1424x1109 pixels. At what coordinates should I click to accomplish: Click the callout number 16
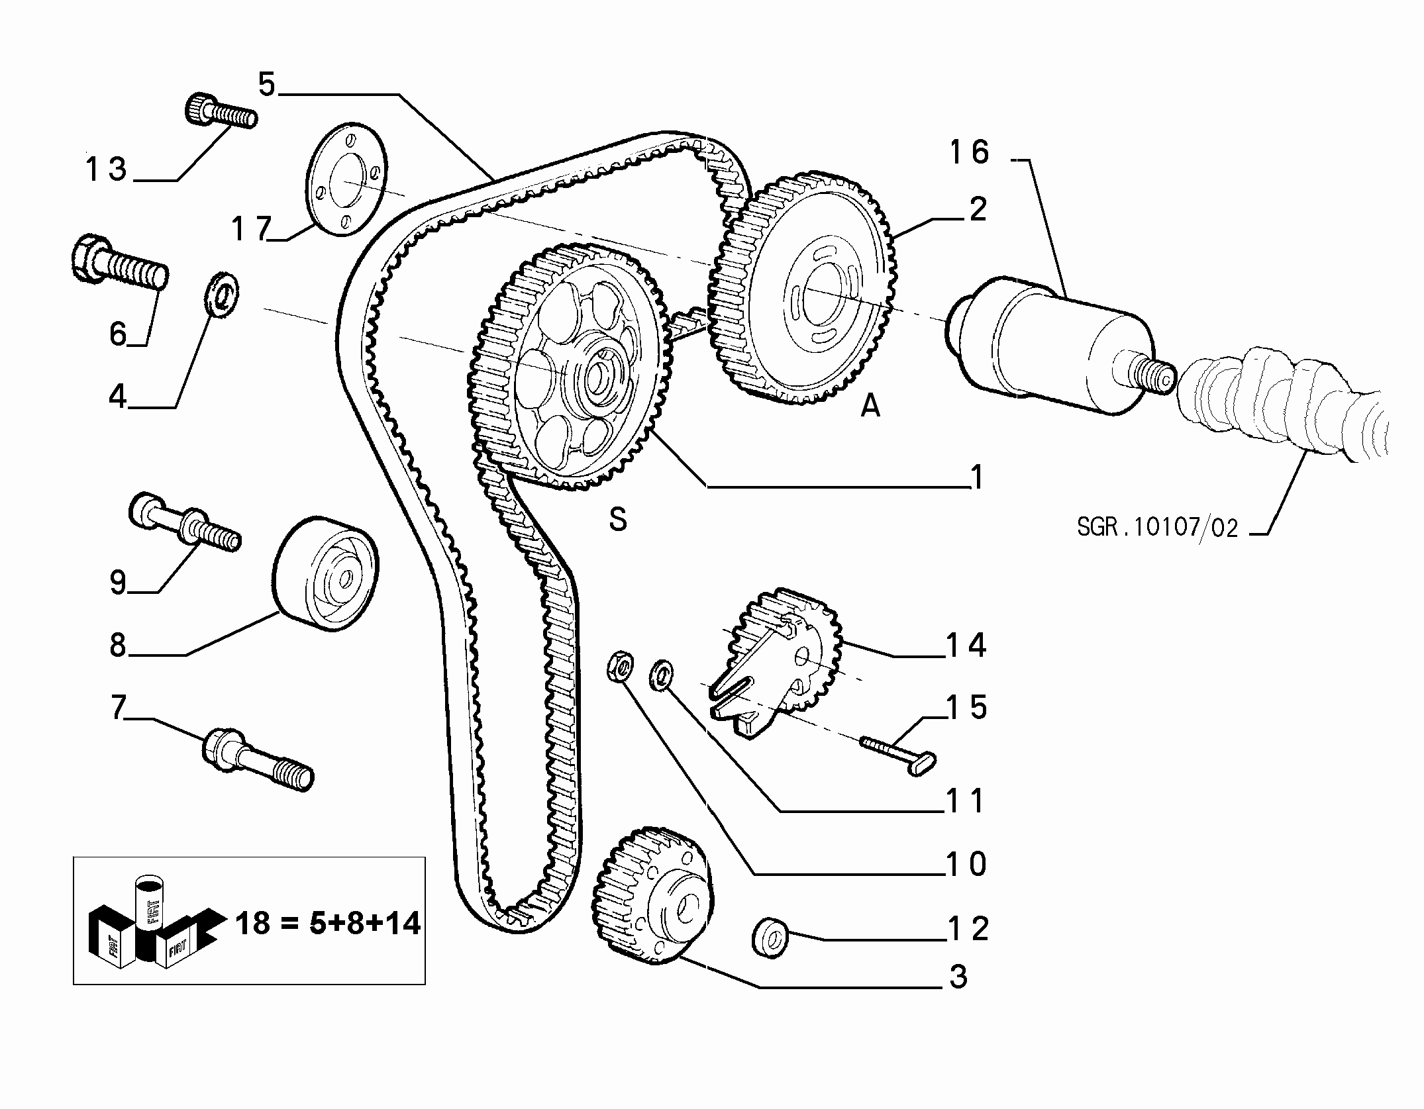pos(969,152)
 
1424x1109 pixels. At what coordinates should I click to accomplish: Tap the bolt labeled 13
pos(220,112)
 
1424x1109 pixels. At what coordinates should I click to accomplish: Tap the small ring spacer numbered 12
pos(769,936)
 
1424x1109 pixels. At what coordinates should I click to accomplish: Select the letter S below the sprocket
pos(618,520)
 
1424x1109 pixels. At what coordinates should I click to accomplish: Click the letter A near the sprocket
pos(870,405)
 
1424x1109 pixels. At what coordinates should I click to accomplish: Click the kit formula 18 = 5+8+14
pos(328,922)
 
